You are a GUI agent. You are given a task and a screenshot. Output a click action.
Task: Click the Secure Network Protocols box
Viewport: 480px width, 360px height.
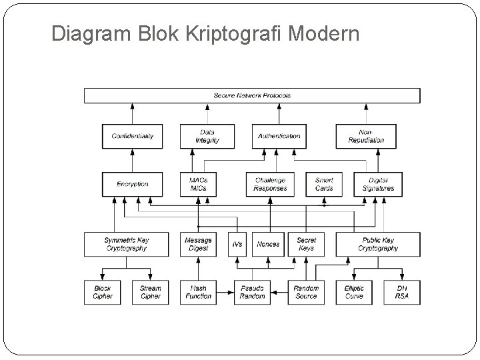click(252, 95)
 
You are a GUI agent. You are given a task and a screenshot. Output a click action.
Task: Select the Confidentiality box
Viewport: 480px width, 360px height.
click(132, 136)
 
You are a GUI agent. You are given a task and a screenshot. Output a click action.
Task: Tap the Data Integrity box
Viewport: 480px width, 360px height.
click(207, 136)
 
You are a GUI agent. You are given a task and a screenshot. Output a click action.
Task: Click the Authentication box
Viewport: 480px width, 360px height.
click(279, 136)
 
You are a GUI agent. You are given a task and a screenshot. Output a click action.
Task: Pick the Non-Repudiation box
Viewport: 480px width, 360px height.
click(366, 136)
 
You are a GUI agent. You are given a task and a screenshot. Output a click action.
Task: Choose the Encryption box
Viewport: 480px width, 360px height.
click(132, 184)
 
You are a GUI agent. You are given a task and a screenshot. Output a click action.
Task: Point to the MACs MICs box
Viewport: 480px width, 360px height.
click(198, 184)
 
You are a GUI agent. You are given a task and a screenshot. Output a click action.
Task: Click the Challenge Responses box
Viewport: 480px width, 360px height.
click(270, 184)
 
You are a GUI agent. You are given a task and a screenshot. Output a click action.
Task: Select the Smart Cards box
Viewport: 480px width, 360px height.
click(324, 184)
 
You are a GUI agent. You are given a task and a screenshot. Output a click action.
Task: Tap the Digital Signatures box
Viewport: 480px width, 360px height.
click(378, 184)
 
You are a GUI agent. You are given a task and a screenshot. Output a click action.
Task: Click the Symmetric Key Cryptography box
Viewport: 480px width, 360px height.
click(127, 244)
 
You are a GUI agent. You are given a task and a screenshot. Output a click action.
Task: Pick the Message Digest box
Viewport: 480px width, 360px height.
click(198, 244)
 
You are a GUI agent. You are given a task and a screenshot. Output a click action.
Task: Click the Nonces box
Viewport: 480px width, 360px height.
click(268, 244)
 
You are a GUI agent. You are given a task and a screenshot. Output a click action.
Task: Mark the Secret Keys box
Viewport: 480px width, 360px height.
click(306, 244)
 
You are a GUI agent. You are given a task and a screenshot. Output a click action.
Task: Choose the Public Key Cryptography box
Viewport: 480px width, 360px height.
click(378, 244)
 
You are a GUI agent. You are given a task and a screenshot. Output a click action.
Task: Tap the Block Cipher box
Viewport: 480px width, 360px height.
click(103, 292)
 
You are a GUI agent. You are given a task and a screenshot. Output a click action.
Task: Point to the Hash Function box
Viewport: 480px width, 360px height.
click(198, 292)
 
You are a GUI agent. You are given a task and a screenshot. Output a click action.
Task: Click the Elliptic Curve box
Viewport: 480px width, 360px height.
click(354, 292)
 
